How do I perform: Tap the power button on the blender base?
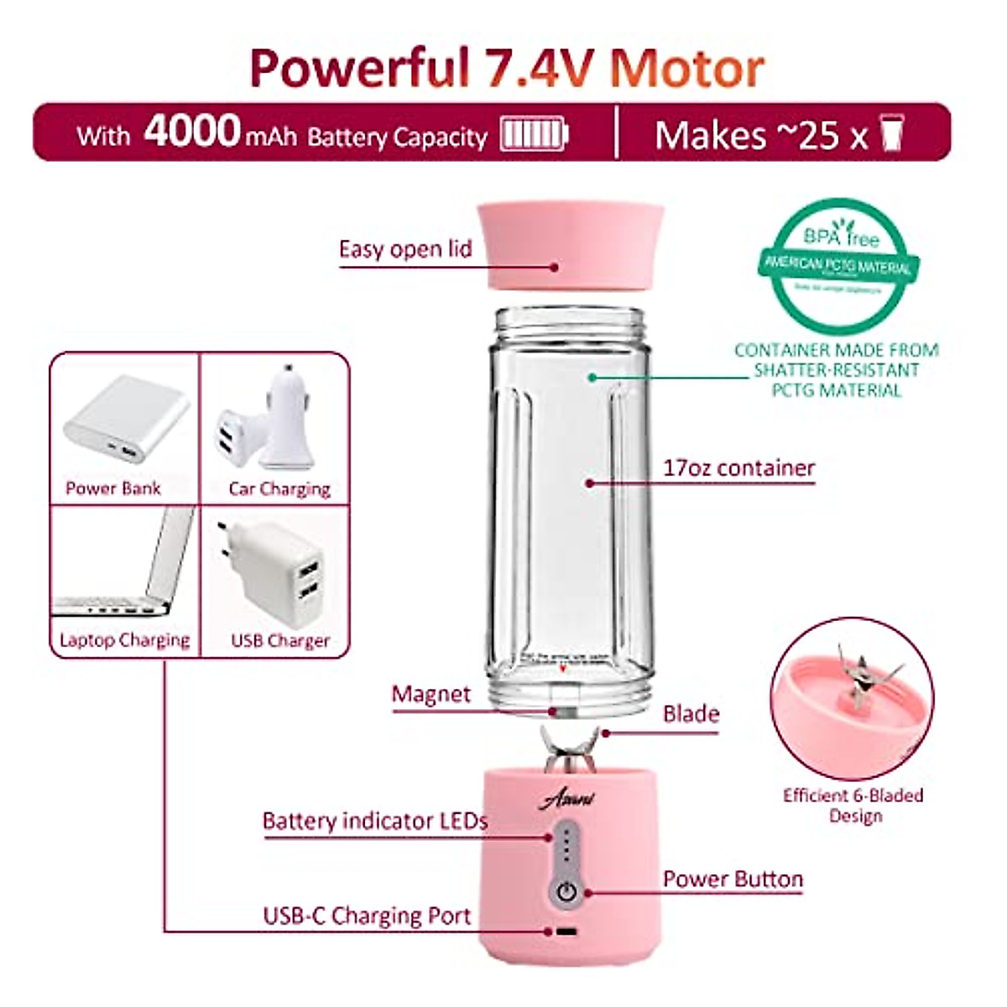click(567, 890)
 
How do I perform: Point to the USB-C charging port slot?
click(566, 932)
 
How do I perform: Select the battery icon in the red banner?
click(534, 134)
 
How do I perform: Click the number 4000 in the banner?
click(192, 132)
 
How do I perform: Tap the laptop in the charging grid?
click(126, 566)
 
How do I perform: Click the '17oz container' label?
click(738, 468)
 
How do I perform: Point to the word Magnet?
click(431, 695)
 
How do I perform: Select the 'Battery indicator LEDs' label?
click(374, 821)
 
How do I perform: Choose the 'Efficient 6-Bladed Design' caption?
click(853, 806)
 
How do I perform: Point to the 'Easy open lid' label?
click(405, 249)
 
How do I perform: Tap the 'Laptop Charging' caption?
click(125, 640)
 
